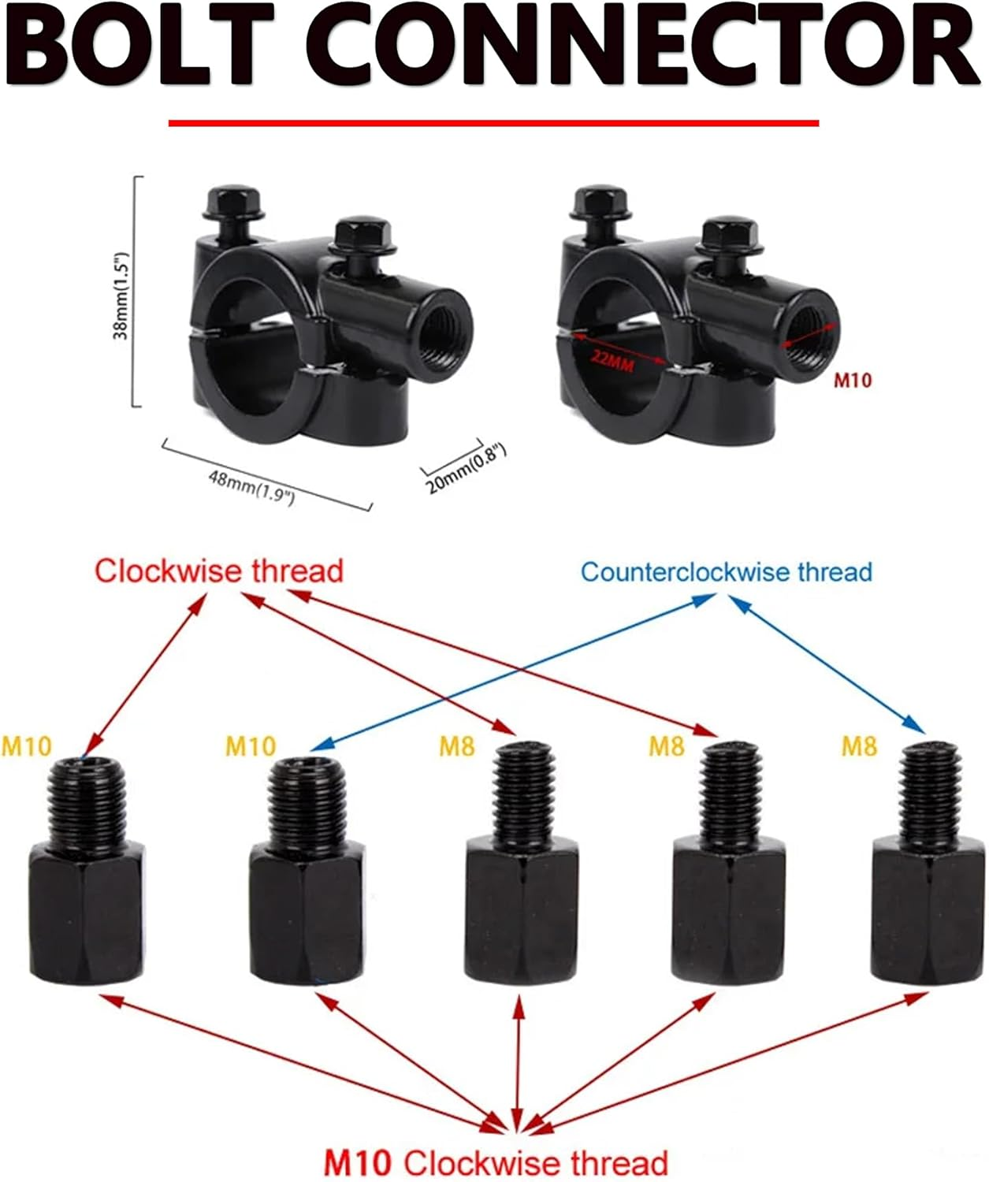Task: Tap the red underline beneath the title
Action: (x=493, y=123)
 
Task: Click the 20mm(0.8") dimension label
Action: (x=466, y=469)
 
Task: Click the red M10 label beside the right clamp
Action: (x=853, y=381)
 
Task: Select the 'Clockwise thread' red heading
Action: (x=219, y=571)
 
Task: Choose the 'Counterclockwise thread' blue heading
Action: (x=727, y=571)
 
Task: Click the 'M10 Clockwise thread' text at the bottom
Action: (x=496, y=1163)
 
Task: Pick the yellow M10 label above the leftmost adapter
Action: (x=27, y=745)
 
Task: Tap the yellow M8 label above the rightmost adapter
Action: (x=859, y=745)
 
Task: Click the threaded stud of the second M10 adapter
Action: (x=307, y=800)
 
